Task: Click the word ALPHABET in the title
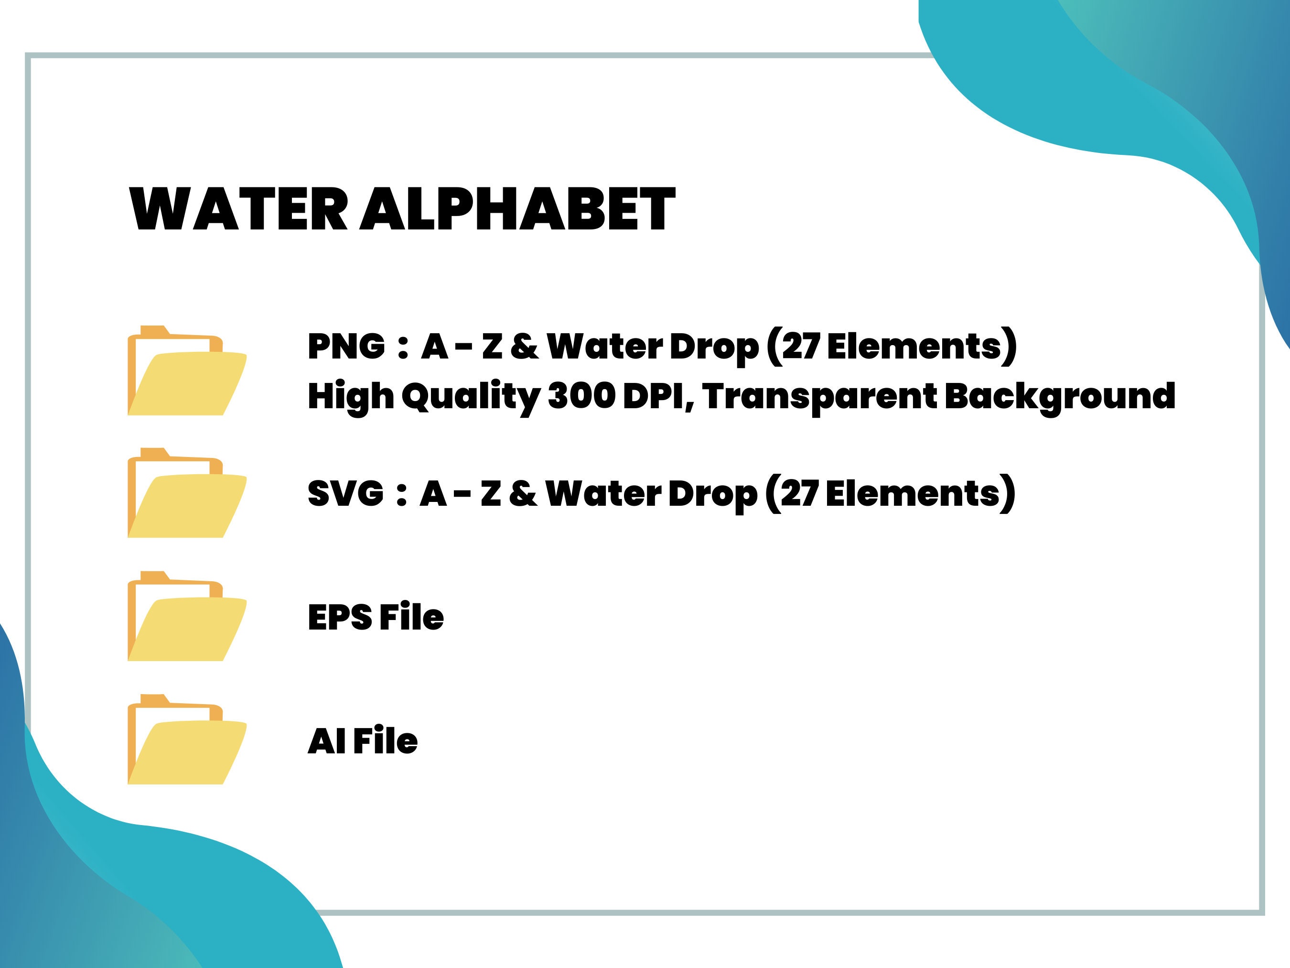(x=517, y=209)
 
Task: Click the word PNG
(x=346, y=346)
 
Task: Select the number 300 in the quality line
(x=581, y=396)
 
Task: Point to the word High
(x=351, y=397)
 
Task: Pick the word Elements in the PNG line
(x=914, y=346)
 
